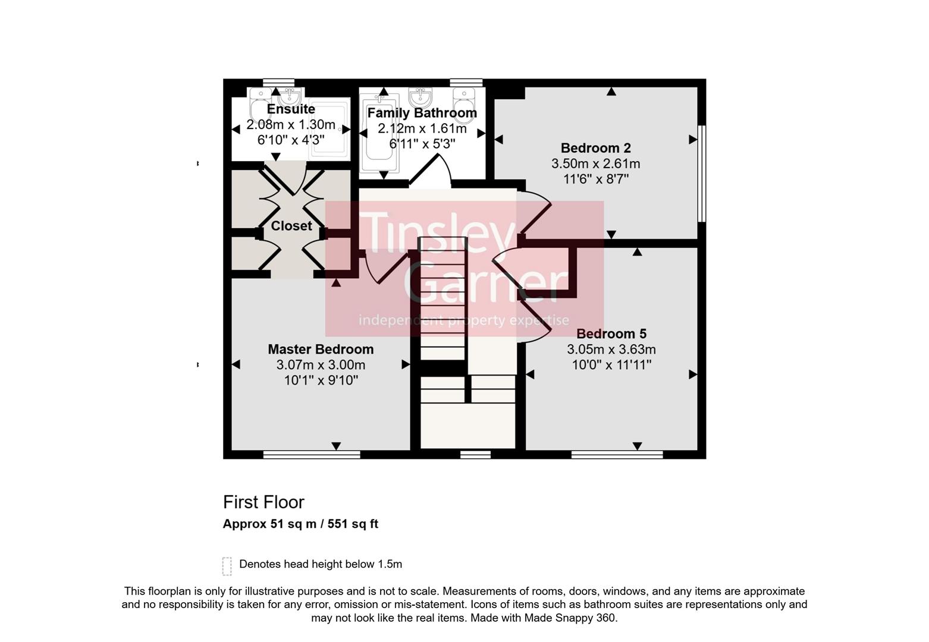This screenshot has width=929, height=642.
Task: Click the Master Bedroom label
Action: coord(321,350)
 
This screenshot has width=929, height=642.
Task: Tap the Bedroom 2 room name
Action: coord(595,148)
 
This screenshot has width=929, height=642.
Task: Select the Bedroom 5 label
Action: coord(611,334)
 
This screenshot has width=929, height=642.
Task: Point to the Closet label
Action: coord(291,226)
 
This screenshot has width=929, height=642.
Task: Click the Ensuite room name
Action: coord(291,109)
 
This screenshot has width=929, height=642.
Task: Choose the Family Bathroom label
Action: coord(422,113)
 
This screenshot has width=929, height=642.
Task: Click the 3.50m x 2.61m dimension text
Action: coord(595,163)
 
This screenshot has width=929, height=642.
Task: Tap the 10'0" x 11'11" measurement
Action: coord(611,365)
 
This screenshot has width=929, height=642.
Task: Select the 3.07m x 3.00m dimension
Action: coord(321,365)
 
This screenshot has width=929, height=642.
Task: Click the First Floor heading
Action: coord(263,502)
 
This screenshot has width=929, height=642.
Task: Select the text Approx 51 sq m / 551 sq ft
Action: coord(300,524)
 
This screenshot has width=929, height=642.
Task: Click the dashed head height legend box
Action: coord(227,566)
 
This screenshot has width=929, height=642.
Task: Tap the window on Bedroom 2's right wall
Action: coord(701,173)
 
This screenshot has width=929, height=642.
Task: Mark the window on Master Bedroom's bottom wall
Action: coord(312,455)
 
